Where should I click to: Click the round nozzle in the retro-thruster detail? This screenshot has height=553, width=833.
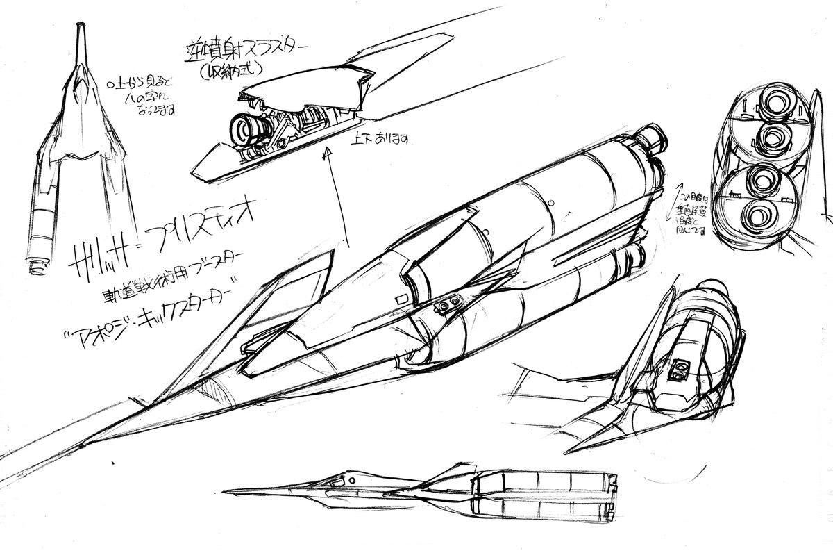tap(244, 129)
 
